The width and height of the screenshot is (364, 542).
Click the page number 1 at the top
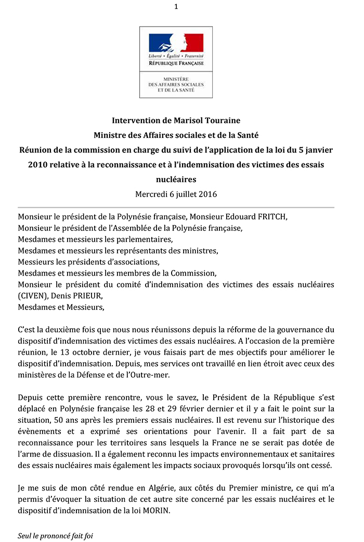click(x=176, y=6)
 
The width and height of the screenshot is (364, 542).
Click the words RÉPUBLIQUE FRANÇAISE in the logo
click(x=176, y=63)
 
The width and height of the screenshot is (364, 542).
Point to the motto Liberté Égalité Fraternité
click(x=176, y=56)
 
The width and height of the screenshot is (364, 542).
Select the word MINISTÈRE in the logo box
click(x=176, y=79)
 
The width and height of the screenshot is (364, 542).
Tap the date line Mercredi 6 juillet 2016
click(x=176, y=195)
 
